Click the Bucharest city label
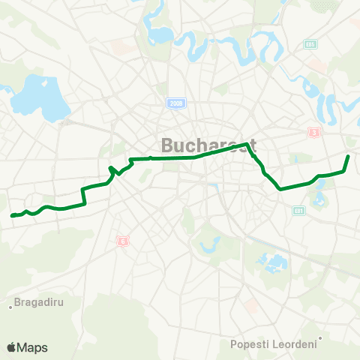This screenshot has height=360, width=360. tap(209, 144)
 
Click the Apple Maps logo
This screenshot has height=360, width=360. tap(27, 347)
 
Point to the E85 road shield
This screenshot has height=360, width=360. tap(310, 45)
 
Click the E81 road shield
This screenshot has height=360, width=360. tap(299, 211)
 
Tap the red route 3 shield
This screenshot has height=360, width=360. tap(313, 133)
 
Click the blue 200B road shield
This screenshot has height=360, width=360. tap(176, 104)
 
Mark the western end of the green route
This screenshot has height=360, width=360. tap(13, 216)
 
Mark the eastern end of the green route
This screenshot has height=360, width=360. tap(348, 156)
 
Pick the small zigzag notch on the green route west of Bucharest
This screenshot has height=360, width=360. tap(112, 170)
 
